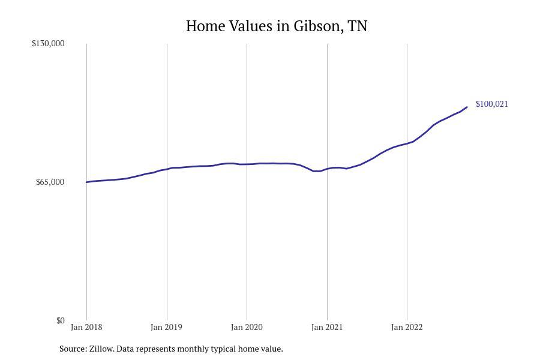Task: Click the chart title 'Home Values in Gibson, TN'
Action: tap(276, 26)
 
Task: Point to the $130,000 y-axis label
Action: tap(48, 43)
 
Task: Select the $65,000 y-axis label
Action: tap(50, 182)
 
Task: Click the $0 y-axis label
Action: tap(60, 320)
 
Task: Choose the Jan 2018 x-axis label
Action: tap(86, 328)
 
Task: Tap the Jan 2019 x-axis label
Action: tap(167, 328)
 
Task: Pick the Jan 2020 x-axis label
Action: tap(247, 328)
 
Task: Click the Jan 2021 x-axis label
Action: tap(327, 328)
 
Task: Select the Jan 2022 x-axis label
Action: tap(407, 328)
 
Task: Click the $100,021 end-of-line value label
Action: tap(491, 104)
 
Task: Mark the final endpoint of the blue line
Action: tap(467, 107)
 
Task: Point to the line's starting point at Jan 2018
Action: tap(86, 182)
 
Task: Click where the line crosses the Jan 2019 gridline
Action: tap(167, 169)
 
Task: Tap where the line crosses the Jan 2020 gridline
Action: tap(247, 164)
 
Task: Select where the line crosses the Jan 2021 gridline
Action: tap(327, 169)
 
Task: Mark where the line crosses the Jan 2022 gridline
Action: tap(407, 143)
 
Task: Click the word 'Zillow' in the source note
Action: tap(101, 349)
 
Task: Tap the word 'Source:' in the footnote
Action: tap(73, 349)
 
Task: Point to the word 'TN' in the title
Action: tap(358, 26)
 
